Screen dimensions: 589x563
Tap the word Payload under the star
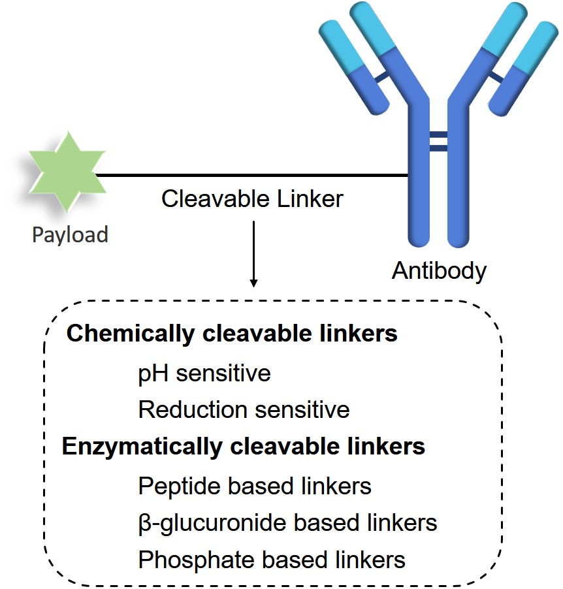[70, 234]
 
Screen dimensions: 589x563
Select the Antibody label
[439, 270]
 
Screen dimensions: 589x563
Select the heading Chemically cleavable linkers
[232, 334]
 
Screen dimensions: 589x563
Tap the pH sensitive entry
[204, 374]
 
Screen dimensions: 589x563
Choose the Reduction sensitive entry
[244, 410]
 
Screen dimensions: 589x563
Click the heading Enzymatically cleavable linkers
[243, 447]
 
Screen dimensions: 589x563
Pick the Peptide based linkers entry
[255, 486]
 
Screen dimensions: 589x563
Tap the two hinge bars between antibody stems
[438, 142]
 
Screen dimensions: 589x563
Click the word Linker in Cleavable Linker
[308, 199]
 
